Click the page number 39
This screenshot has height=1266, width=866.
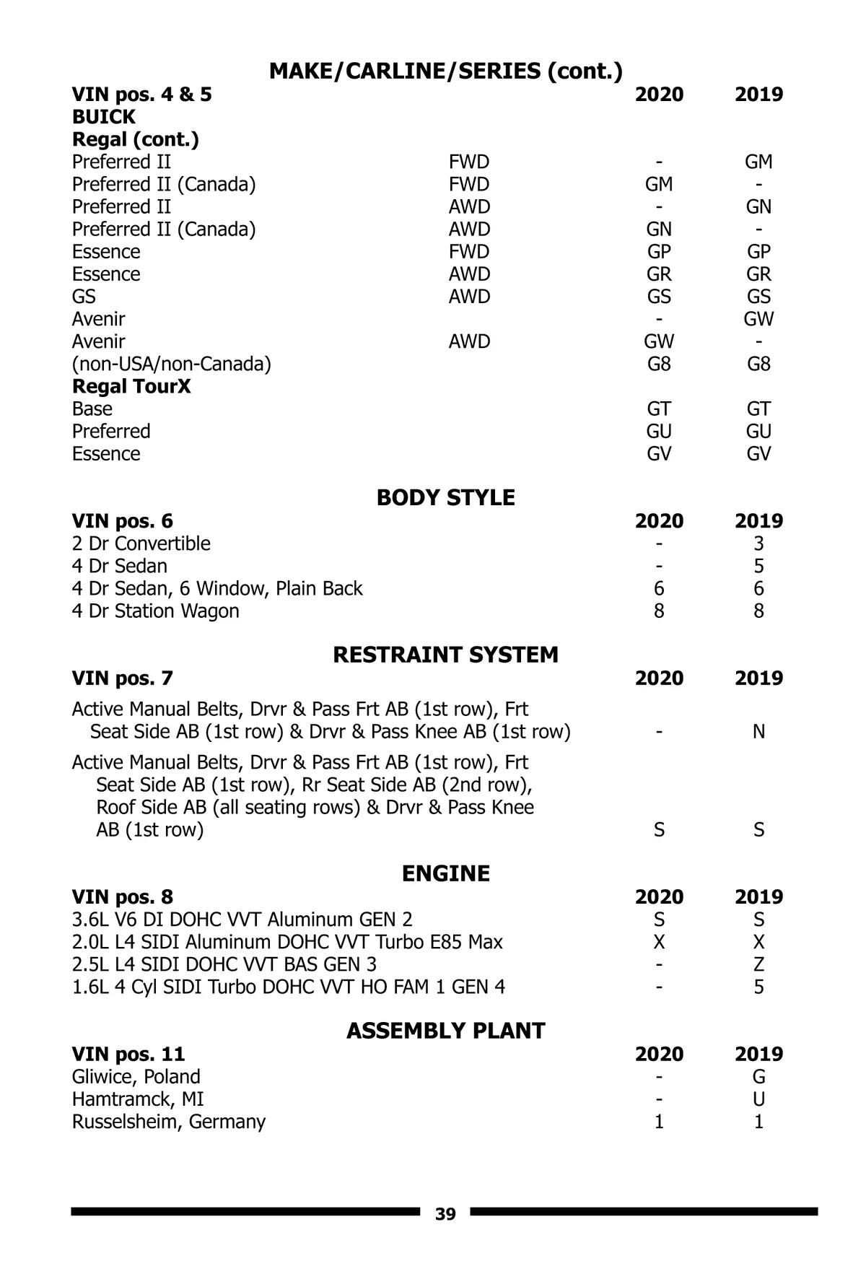[445, 1214]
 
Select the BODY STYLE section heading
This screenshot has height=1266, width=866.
[445, 497]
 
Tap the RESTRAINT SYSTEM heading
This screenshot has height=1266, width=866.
[445, 655]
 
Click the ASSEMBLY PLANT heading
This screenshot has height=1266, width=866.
[445, 1030]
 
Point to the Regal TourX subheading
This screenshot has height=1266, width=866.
[131, 386]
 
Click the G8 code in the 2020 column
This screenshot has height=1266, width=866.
[659, 364]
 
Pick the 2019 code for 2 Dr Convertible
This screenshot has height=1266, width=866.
[758, 543]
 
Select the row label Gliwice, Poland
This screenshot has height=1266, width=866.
[136, 1076]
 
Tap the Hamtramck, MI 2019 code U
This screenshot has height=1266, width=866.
[758, 1099]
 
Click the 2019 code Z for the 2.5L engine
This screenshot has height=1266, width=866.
[758, 964]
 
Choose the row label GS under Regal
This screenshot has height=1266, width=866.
[84, 297]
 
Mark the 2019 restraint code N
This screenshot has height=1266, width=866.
[758, 731]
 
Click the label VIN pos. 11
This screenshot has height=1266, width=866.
[128, 1054]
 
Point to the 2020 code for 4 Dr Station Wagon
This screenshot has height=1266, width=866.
[659, 611]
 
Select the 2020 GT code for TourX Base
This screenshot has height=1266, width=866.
[659, 409]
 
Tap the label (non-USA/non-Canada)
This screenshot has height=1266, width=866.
[172, 364]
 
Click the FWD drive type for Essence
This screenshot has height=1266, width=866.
[469, 252]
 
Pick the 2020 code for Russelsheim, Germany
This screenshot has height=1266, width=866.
[659, 1121]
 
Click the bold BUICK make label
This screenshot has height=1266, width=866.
[104, 117]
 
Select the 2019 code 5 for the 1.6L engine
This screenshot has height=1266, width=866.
[758, 987]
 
